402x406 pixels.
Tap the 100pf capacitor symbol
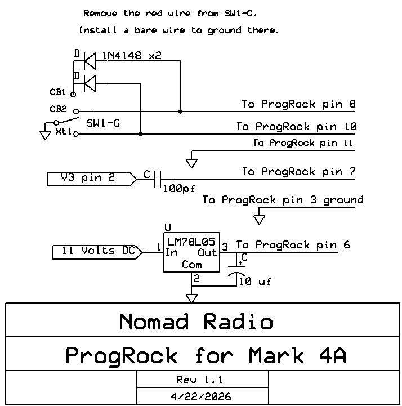click(158, 179)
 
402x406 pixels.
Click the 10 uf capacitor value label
click(255, 280)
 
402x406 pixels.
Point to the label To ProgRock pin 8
click(298, 104)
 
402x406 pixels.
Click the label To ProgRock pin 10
click(296, 127)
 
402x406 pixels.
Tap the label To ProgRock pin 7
click(298, 172)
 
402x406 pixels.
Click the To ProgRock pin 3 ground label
click(283, 200)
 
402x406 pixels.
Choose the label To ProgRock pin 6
click(293, 245)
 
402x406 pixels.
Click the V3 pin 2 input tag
click(90, 179)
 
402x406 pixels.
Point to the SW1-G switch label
click(102, 123)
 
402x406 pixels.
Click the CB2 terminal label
click(58, 109)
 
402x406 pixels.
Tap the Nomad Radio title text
click(196, 322)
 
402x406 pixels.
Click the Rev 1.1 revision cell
click(203, 380)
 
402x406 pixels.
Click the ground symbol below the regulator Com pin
click(192, 297)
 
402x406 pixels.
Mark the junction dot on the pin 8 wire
click(180, 111)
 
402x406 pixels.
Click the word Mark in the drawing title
click(274, 356)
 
